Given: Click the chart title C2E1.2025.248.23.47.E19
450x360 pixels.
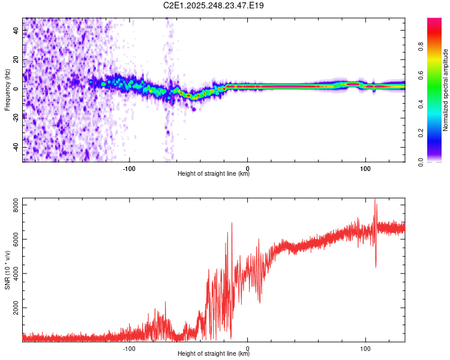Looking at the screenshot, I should point(214,5).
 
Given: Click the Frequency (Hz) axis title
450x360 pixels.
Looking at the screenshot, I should point(7,90).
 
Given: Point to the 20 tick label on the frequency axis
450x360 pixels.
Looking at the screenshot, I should point(16,59).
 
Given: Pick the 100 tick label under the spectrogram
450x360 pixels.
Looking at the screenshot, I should point(365,168).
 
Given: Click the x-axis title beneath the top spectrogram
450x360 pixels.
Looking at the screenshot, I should point(214,174).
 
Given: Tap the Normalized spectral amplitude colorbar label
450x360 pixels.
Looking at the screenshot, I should point(446,90).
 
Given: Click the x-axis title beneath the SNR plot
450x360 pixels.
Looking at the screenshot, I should point(214,354).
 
